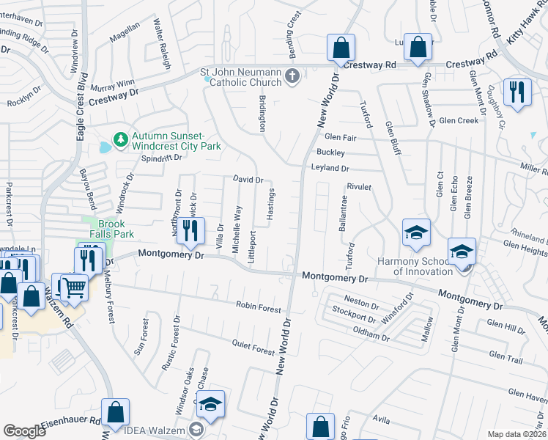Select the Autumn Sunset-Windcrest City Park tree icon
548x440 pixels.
[x=119, y=138]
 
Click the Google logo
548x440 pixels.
[x=25, y=431]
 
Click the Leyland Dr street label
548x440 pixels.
[x=330, y=168]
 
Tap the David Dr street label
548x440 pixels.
[x=248, y=180]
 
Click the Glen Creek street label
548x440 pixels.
[x=459, y=120]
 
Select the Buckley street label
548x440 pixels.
[x=330, y=153]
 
